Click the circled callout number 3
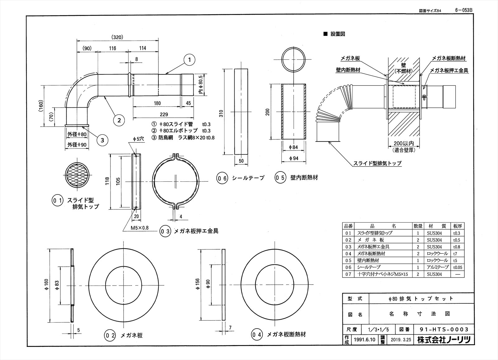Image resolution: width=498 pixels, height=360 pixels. coord(102,140)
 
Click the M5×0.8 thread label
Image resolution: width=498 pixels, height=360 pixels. coord(139,228)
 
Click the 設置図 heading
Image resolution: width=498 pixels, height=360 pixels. coord(337,34)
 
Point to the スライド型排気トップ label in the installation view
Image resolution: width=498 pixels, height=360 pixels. coord(377,163)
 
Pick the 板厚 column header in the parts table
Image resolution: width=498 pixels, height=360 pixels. coord(458,226)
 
